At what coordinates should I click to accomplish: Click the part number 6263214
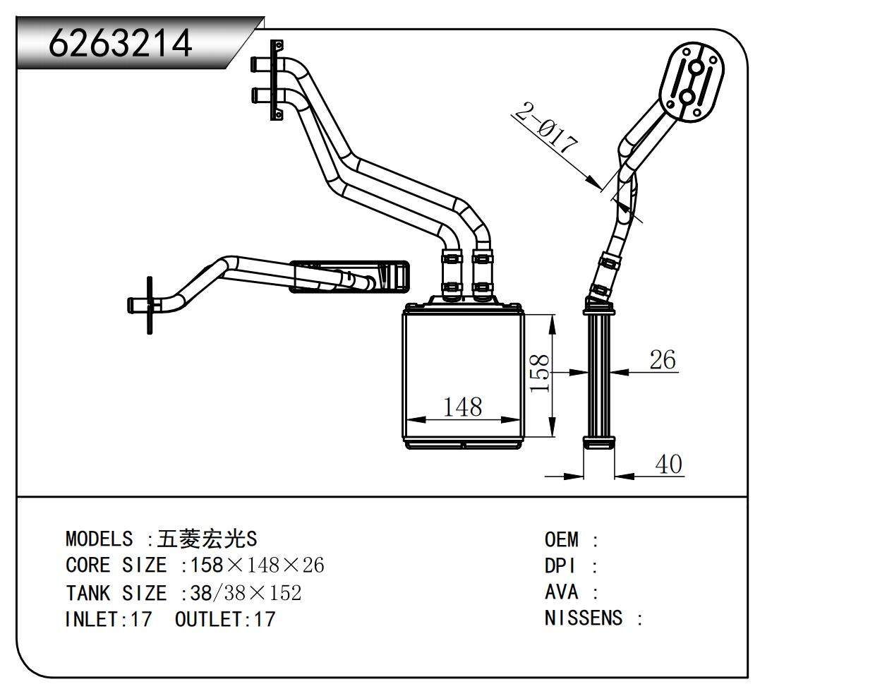point(120,44)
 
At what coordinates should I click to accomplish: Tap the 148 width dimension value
point(462,407)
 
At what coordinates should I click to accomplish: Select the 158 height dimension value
point(540,373)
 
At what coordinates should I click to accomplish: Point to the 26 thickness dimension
point(662,360)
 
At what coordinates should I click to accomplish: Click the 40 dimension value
point(668,465)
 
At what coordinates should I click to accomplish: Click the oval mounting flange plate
point(692,82)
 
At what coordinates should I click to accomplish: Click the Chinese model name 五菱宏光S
point(207,539)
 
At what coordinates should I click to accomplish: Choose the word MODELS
point(99,539)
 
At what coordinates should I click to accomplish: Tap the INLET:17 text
point(108,619)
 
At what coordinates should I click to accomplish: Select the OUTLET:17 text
point(224,619)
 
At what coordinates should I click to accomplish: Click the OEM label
point(562,540)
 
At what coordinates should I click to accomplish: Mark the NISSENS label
point(584,618)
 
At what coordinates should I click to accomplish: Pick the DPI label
point(560,566)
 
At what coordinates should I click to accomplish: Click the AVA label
point(562,592)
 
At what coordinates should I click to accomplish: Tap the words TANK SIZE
point(116,592)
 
